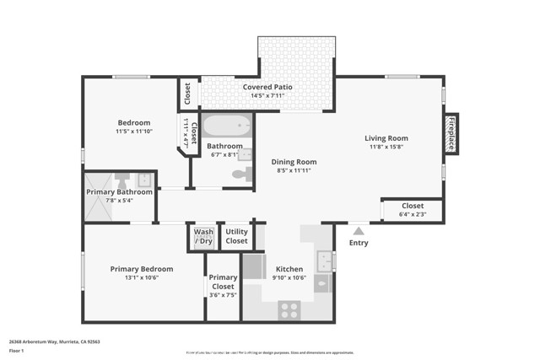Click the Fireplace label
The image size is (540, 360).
point(451,133)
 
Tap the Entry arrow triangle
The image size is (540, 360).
point(359,230)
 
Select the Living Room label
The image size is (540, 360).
point(386,138)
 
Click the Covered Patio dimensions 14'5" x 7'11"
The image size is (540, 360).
point(267,96)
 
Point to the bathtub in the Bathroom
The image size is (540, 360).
point(226,127)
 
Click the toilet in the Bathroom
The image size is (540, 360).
point(242,175)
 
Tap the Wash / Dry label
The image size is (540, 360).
point(203,237)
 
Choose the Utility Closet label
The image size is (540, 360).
point(237,237)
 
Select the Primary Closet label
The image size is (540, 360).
point(223,282)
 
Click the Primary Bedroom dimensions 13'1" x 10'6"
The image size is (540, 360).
point(134,277)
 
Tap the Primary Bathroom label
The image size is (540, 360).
point(119,192)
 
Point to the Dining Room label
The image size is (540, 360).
point(294,162)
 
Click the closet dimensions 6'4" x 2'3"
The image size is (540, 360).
point(413,214)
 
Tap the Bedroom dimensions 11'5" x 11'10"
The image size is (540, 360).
point(133,132)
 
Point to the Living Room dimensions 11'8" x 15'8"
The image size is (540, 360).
point(386,148)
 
